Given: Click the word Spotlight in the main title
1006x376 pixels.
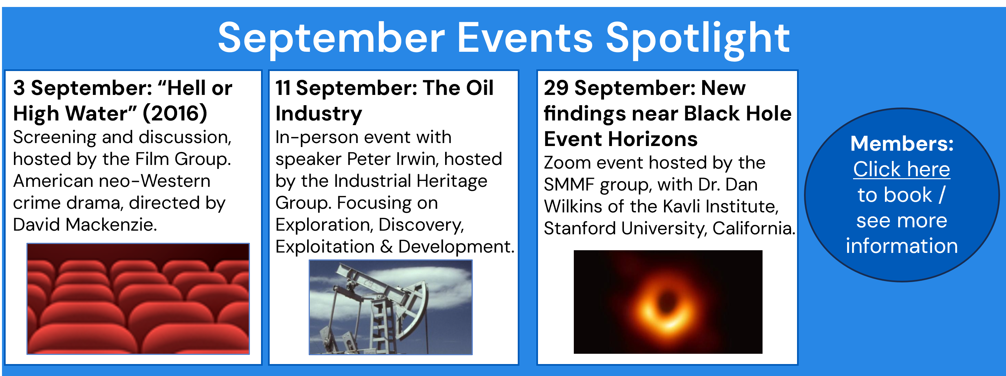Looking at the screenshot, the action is [x=698, y=39].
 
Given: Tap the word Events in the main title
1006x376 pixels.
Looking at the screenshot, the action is [x=524, y=38].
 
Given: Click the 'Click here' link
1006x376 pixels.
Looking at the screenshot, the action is [x=901, y=169].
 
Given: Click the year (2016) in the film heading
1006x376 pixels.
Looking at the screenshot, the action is [x=175, y=113].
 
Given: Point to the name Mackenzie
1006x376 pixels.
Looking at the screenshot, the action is [x=111, y=225].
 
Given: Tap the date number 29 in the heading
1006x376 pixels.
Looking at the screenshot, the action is [x=556, y=88].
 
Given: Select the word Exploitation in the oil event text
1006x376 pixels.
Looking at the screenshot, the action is [x=325, y=247].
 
